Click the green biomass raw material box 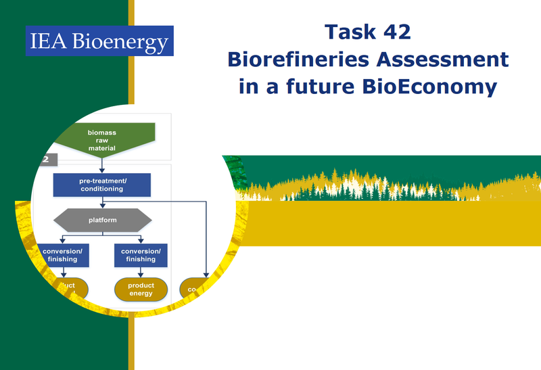tap(102, 139)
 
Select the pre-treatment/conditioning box tap(101, 185)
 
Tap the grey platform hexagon tap(102, 220)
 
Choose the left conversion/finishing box tap(62, 254)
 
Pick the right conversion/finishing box tap(141, 254)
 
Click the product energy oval tap(141, 290)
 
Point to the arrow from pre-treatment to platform tap(101, 202)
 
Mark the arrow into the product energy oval tap(141, 272)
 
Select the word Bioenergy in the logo tap(129, 43)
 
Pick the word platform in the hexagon tap(102, 220)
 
